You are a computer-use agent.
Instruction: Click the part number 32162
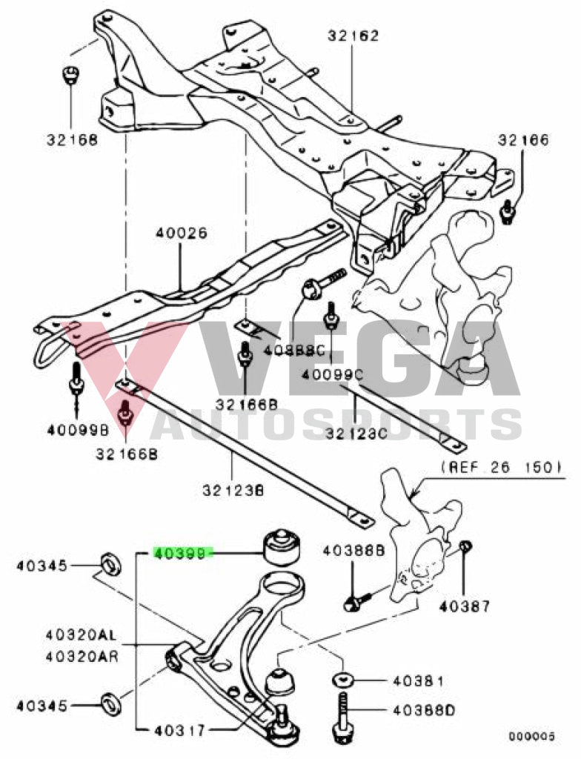point(352,35)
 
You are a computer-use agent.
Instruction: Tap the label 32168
point(71,139)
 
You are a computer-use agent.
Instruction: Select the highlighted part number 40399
point(182,553)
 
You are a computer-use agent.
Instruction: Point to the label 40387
point(464,606)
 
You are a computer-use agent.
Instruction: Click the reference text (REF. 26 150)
point(501,468)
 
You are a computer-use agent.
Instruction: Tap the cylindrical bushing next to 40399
point(284,547)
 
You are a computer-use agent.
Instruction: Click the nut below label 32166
point(508,211)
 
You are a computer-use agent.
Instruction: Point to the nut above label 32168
point(70,75)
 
